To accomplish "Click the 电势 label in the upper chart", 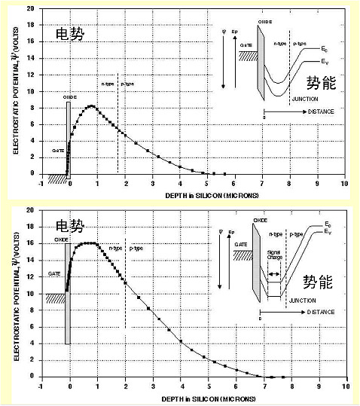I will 72,34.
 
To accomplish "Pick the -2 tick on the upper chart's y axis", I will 29,189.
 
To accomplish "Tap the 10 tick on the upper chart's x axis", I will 344,184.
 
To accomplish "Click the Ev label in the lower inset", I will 325,234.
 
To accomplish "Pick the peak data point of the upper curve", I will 91,106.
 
